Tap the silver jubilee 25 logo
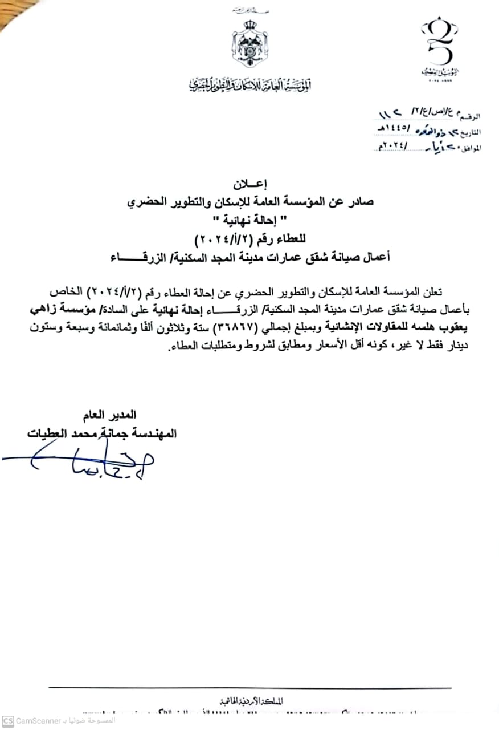(440, 48)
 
